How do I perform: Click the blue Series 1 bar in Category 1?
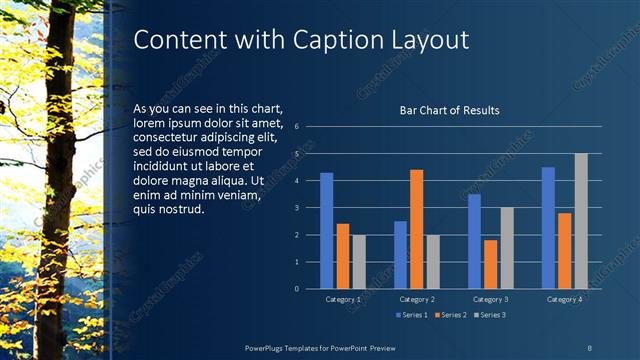[x=326, y=231]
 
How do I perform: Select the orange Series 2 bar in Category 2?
[x=416, y=229]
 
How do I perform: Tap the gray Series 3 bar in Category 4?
[x=581, y=221]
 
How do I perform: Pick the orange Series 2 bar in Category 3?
[x=490, y=264]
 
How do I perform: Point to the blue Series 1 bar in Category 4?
[x=548, y=228]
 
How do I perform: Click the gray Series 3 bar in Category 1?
[x=358, y=262]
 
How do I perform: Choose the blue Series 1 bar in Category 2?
[x=400, y=255]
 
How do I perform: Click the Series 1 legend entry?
[x=413, y=316]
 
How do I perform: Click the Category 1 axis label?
[x=343, y=299]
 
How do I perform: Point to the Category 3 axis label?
[x=491, y=299]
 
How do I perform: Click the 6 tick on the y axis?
[x=297, y=127]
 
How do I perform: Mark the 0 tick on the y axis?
[x=297, y=289]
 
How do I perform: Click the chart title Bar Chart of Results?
[x=449, y=110]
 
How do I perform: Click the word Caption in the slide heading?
[x=338, y=40]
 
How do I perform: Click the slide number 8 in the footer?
[x=588, y=347]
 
